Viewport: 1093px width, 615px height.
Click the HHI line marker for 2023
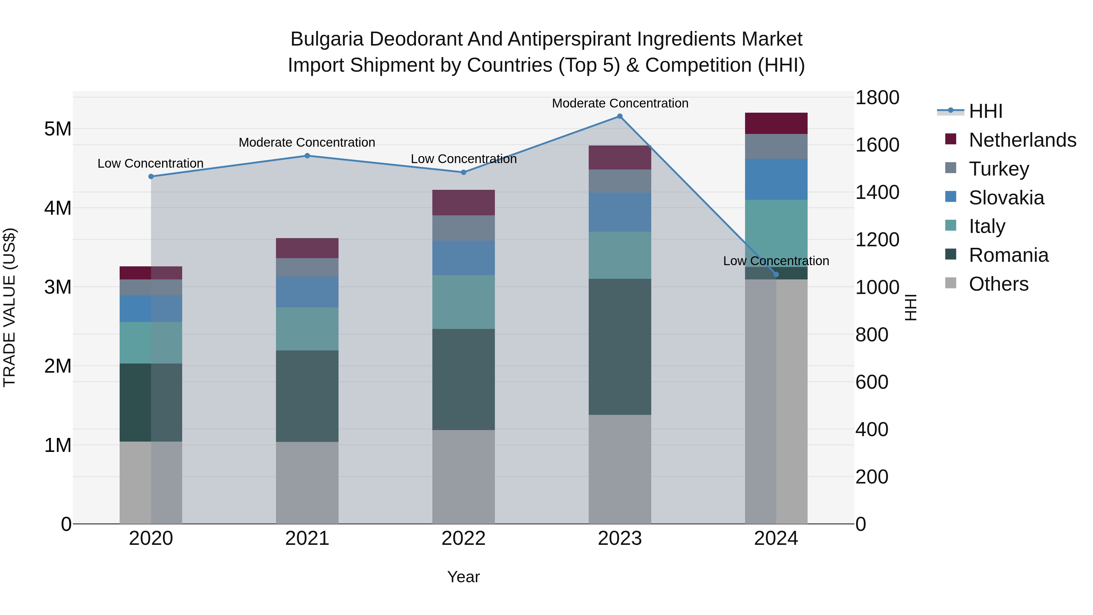pos(619,116)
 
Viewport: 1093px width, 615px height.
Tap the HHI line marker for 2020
pos(151,176)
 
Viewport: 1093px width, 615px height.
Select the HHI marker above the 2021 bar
pos(307,156)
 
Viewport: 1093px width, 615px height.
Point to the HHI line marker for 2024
pos(776,275)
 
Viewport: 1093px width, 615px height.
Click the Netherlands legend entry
pos(1022,140)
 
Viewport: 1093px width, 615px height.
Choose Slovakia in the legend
pos(1006,198)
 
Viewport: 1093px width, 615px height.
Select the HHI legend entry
pos(986,111)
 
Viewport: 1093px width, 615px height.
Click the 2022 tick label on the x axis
pos(463,538)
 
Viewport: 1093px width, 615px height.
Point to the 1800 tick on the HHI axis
pos(877,97)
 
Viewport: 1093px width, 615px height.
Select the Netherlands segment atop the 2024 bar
pos(776,124)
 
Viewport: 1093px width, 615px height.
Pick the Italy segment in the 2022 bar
pos(463,302)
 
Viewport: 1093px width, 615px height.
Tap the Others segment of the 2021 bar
pos(307,483)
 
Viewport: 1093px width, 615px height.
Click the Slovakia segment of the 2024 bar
pos(776,179)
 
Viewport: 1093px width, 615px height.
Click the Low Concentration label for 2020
pos(151,163)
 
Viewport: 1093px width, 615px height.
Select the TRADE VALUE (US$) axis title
pos(9,307)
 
